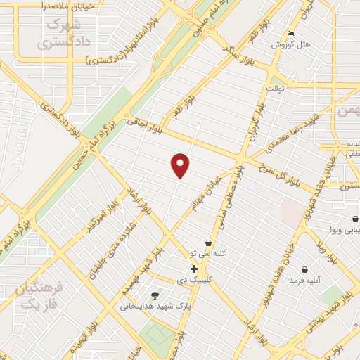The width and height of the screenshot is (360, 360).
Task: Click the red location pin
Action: coord(181,165)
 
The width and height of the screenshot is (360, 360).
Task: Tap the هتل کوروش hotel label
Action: coord(291,44)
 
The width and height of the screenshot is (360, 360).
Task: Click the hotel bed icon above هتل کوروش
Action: coord(291,33)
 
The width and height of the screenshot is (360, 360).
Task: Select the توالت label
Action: coord(275,89)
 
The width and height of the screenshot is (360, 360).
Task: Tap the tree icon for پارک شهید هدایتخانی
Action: coord(155,295)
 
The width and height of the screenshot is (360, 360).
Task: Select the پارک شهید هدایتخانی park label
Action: coord(146,306)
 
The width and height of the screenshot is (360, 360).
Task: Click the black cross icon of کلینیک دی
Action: coord(194,269)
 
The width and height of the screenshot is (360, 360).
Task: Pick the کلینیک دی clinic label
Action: coord(195,279)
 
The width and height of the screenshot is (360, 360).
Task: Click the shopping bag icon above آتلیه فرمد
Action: coord(304,269)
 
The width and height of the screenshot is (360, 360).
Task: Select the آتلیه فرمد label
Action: coord(304,281)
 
